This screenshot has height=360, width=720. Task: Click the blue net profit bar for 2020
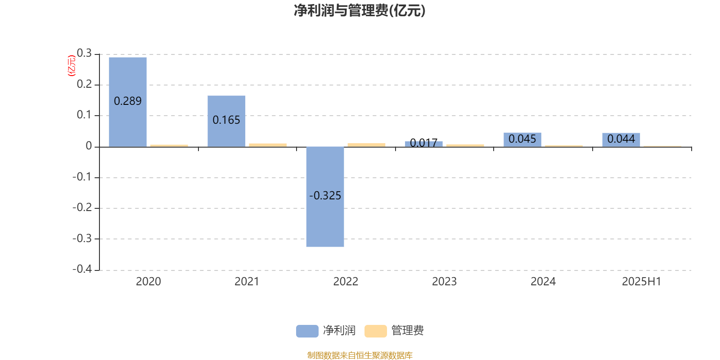tap(128, 102)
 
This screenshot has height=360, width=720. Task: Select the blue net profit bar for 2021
tap(226, 121)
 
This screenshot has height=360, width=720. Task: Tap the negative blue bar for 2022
tap(325, 197)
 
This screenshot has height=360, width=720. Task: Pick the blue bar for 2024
tap(522, 140)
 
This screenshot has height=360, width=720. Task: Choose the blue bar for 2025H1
tap(621, 140)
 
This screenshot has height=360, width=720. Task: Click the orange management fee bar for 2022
tap(366, 145)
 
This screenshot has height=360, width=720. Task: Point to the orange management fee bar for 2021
tap(268, 145)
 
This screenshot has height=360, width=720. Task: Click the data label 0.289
tap(128, 101)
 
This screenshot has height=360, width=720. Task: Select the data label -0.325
tap(325, 195)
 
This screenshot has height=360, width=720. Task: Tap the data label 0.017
tap(423, 143)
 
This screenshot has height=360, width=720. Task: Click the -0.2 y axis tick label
tap(82, 207)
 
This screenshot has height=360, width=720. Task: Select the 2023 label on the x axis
tap(444, 282)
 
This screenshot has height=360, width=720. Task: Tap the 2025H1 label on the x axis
tap(642, 282)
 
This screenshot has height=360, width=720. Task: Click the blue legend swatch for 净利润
tap(307, 331)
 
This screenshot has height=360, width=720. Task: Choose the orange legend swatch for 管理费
tap(375, 331)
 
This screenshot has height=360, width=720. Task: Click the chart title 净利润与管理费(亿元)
tap(360, 11)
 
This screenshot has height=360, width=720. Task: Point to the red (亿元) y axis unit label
tap(72, 66)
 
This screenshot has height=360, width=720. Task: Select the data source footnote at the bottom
tap(360, 355)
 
